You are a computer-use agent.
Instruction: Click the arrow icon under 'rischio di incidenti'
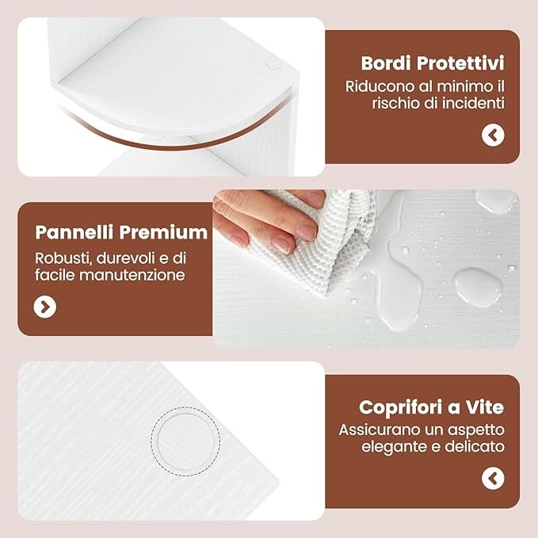[x=493, y=135]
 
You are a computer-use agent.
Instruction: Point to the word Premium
[x=163, y=232]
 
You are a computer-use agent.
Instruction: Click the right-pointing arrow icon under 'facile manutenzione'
[x=45, y=307]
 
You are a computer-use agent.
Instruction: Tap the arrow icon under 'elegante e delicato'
[x=493, y=479]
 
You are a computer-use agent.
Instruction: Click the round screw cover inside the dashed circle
[x=185, y=441]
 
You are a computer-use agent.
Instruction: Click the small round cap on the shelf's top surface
[x=273, y=64]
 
